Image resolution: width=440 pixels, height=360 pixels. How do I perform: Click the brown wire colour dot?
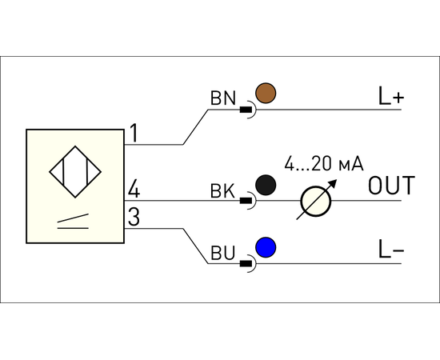(266, 93)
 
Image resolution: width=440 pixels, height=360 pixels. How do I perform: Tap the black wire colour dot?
(266, 185)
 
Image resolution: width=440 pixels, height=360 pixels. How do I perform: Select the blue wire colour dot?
(266, 247)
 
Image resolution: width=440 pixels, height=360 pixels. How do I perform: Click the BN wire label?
(223, 98)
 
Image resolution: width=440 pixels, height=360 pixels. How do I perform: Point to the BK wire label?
(222, 191)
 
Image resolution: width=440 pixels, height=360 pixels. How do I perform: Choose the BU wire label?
(222, 253)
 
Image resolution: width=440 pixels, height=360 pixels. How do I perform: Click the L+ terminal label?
(391, 96)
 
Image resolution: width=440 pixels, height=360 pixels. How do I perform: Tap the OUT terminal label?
(391, 185)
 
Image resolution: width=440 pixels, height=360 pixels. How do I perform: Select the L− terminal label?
(391, 249)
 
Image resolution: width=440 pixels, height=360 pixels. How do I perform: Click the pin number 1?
(134, 134)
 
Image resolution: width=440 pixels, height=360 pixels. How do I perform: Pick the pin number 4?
(134, 190)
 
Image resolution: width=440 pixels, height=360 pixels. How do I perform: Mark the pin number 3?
(134, 217)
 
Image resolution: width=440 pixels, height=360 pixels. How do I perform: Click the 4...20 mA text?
(324, 163)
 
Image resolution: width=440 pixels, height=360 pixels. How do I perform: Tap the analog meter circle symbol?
(316, 201)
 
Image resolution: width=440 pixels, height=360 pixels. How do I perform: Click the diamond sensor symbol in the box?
(75, 172)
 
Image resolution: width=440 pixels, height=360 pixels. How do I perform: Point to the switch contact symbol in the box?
(73, 222)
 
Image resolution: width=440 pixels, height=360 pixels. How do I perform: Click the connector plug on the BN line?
(248, 110)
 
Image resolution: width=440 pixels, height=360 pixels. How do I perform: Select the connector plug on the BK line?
(248, 201)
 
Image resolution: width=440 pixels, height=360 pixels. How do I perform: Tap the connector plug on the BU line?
(248, 263)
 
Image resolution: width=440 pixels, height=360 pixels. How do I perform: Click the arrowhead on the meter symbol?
(333, 183)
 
